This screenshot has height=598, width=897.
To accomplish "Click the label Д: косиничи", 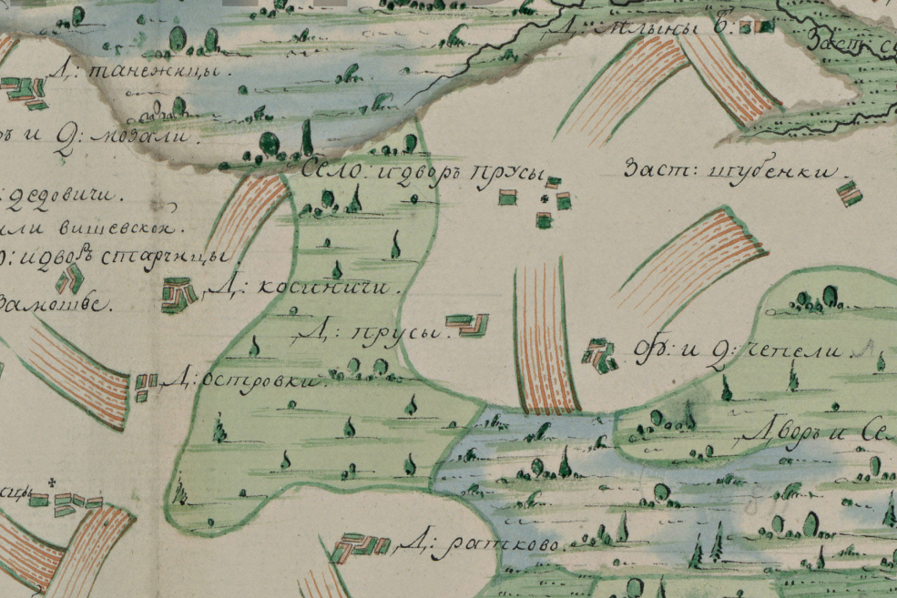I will click(x=304, y=289).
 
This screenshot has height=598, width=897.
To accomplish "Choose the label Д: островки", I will click(x=245, y=380).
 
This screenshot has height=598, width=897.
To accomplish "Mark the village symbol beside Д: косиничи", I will click(x=179, y=296).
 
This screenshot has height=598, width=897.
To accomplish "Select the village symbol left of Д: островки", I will click(x=145, y=386).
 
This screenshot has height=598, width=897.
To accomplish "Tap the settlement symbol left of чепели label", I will click(x=598, y=355).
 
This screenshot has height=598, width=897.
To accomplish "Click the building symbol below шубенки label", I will click(x=849, y=193).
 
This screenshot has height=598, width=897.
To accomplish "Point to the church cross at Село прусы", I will click(x=545, y=198).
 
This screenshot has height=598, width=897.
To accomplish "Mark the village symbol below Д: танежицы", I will click(x=25, y=91).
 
